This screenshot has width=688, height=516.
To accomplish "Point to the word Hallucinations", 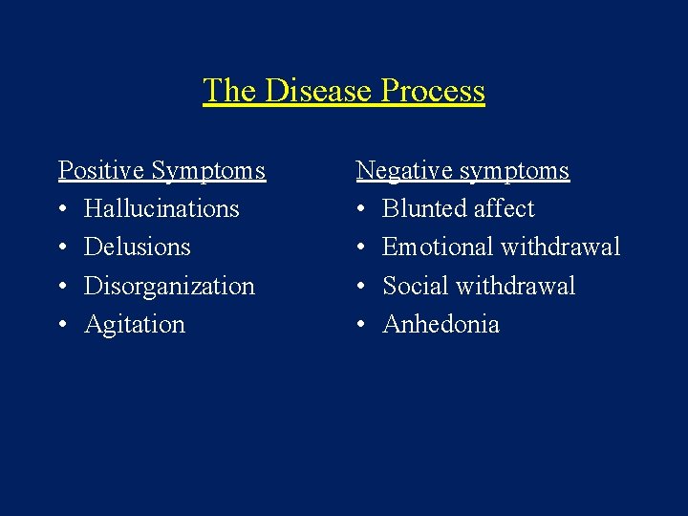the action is click(x=161, y=209).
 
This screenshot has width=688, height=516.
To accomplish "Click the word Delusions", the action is click(x=137, y=247).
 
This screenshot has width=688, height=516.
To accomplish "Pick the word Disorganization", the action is click(x=169, y=286).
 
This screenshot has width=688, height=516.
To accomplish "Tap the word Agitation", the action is click(x=135, y=325).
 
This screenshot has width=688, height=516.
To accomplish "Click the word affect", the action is click(x=505, y=209).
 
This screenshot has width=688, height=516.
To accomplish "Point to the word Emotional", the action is click(x=437, y=247).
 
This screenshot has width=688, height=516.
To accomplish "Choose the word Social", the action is click(x=414, y=286).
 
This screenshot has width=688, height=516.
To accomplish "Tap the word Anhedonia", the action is click(x=441, y=325).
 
